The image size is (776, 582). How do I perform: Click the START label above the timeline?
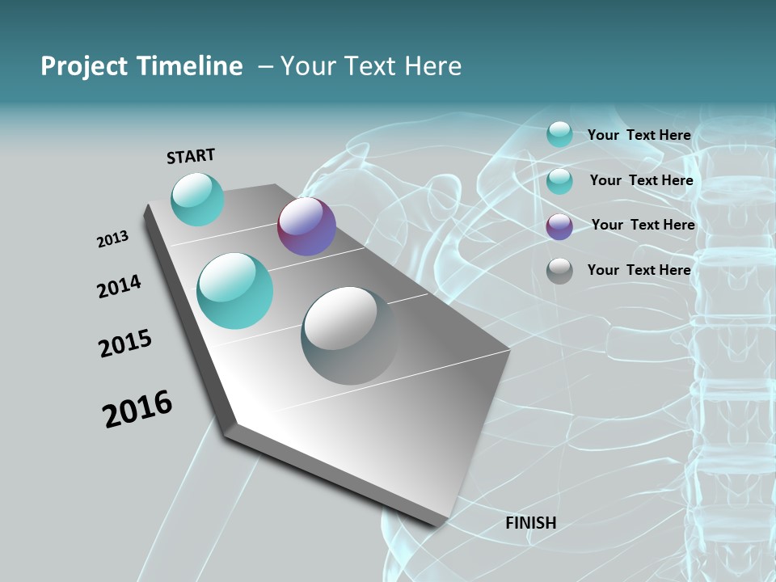coord(191,156)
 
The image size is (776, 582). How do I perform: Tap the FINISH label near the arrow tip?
coord(531,523)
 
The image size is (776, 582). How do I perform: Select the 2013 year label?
coord(113,239)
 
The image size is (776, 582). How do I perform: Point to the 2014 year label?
coord(119,287)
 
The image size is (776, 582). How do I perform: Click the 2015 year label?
coord(125,344)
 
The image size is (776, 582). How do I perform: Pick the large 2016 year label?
coord(137,409)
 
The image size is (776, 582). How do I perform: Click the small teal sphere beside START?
coord(197,199)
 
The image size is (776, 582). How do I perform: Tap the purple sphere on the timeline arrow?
coord(306,227)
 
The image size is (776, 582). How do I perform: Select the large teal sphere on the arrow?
coord(235,291)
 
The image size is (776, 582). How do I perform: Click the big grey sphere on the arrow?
coord(350,335)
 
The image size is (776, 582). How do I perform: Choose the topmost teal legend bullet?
coord(559,134)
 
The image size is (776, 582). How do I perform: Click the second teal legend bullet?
coord(559,181)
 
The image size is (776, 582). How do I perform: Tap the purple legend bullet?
coord(559,226)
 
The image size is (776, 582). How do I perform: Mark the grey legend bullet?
coord(559,271)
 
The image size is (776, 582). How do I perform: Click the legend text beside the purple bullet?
coord(643,225)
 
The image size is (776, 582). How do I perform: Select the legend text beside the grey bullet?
coord(639,270)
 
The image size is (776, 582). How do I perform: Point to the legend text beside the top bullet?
coord(639,135)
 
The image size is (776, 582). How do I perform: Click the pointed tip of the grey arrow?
coord(438,525)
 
